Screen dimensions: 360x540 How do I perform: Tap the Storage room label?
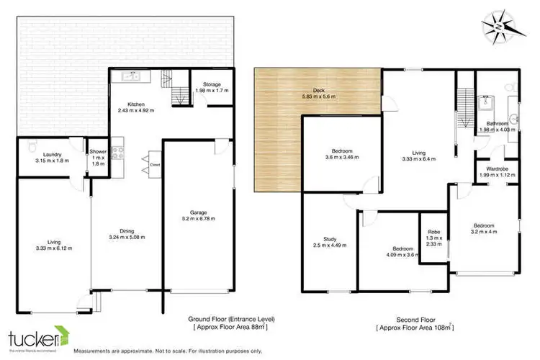pyautogui.click(x=212, y=84)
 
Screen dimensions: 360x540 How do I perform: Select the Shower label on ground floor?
pyautogui.click(x=96, y=151)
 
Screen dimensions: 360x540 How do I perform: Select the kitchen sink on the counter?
pyautogui.click(x=131, y=75)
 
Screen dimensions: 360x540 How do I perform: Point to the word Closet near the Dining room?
pyautogui.click(x=155, y=164)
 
